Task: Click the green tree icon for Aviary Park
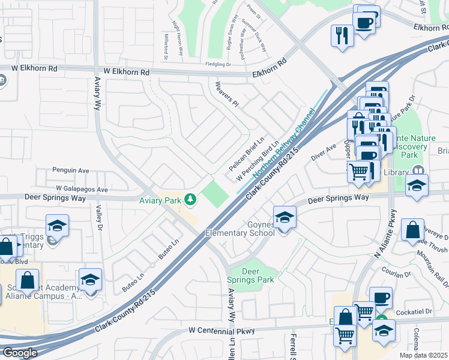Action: pos(190,199)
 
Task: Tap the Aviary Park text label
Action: pos(161,200)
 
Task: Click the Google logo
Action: pos(20,353)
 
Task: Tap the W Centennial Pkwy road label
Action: pos(222,330)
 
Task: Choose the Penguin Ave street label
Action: pos(70,170)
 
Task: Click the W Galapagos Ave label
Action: pos(79,190)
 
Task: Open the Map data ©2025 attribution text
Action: pos(423,355)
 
